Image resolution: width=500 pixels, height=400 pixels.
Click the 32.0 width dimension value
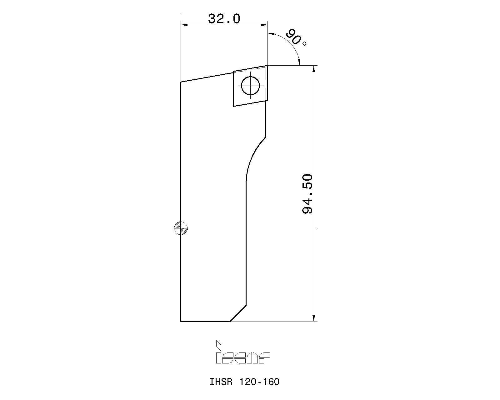(x=224, y=19)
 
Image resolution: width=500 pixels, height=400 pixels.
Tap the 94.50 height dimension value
(x=307, y=194)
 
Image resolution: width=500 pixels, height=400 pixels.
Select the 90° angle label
(x=296, y=38)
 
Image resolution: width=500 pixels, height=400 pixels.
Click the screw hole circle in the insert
(x=250, y=86)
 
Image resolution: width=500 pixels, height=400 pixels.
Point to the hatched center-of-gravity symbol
(x=181, y=228)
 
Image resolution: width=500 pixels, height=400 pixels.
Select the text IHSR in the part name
(x=221, y=382)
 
